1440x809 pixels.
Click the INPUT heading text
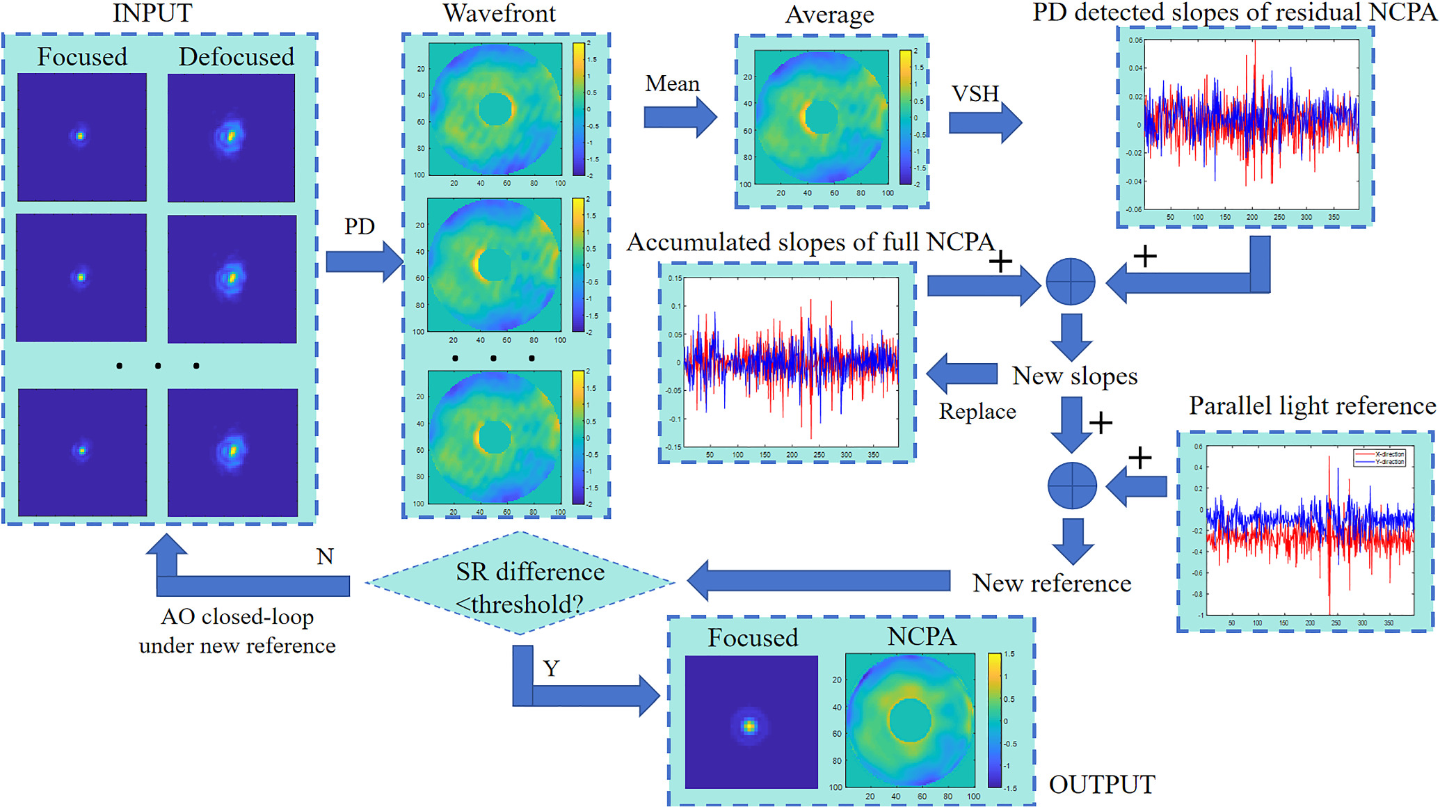coord(152,13)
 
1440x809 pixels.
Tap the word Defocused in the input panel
coord(236,57)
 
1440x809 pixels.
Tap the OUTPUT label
coord(1102,785)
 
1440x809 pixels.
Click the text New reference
coord(1051,583)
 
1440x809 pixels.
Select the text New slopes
coord(1074,376)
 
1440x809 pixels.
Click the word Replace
coord(977,411)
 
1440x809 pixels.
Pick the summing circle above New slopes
coord(1071,282)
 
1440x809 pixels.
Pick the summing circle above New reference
coord(1072,486)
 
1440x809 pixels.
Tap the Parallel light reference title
coord(1311,406)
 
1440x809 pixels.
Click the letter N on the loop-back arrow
coord(325,556)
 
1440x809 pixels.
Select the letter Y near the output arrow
coord(551,668)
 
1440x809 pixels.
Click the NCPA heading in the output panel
coord(921,636)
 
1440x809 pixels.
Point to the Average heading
coord(829,15)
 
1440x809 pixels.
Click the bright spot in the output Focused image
coord(750,726)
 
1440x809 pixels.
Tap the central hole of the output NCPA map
coord(910,721)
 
